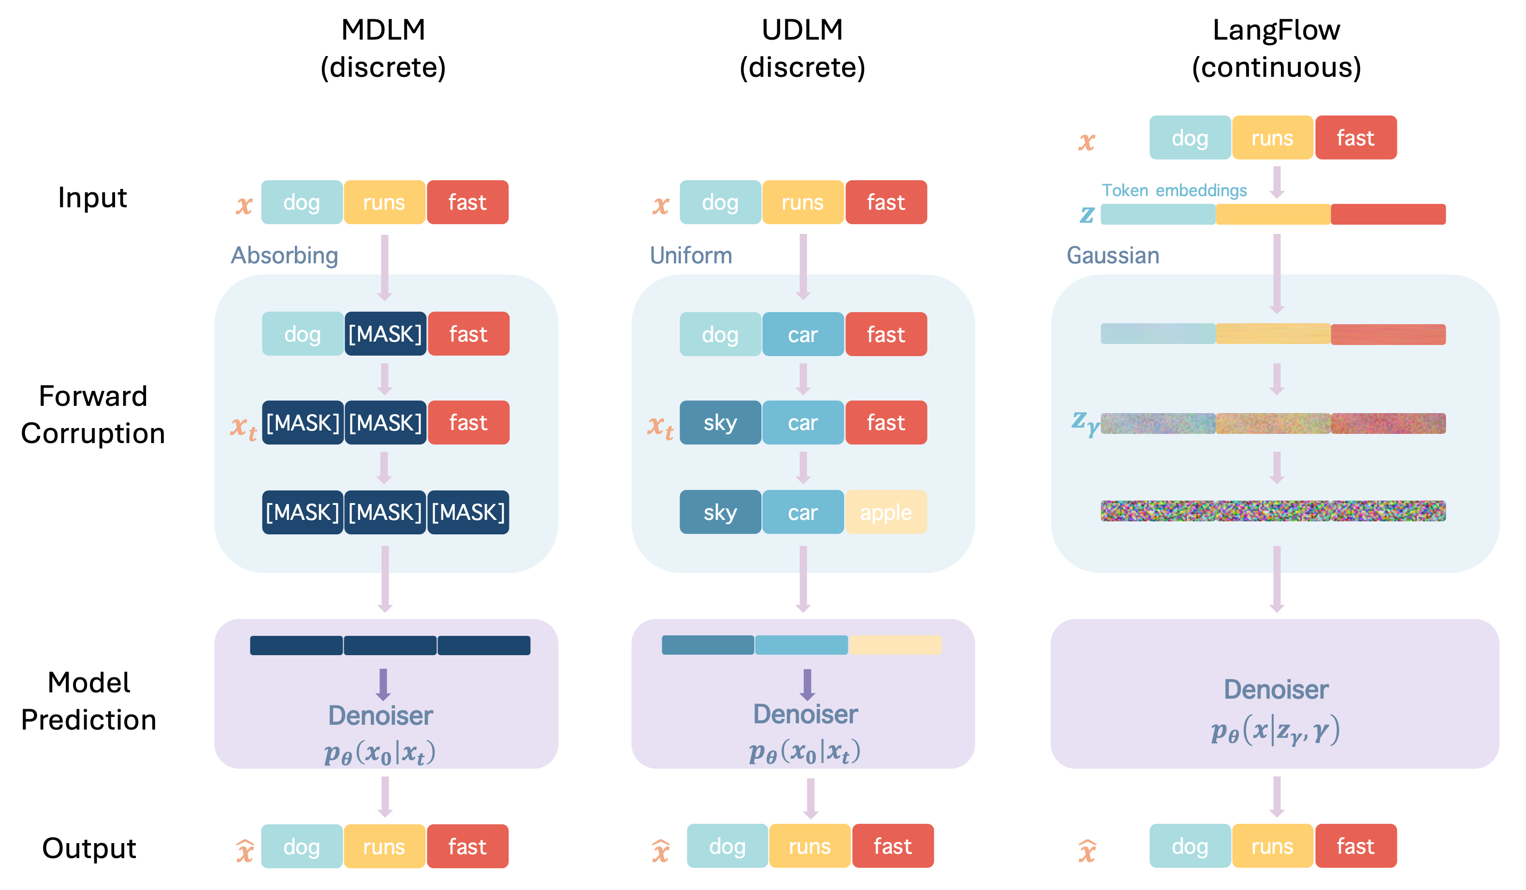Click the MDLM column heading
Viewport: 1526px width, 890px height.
point(383,48)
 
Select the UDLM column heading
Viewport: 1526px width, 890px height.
point(802,48)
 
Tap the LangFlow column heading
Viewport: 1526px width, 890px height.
point(1276,48)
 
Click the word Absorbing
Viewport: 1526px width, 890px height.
point(284,256)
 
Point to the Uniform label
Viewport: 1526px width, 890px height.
point(690,256)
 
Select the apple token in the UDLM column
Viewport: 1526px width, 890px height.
point(886,512)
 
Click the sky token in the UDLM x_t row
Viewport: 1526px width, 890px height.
point(720,423)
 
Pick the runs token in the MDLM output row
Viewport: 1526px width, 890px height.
point(384,846)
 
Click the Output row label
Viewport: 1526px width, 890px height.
point(89,847)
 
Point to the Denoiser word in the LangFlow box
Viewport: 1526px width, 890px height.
point(1276,689)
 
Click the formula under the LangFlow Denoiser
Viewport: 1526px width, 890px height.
point(1275,731)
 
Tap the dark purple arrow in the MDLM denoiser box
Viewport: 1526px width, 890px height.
point(383,684)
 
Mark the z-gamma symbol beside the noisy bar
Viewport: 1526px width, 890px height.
point(1085,423)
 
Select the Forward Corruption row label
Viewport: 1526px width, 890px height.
point(93,415)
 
